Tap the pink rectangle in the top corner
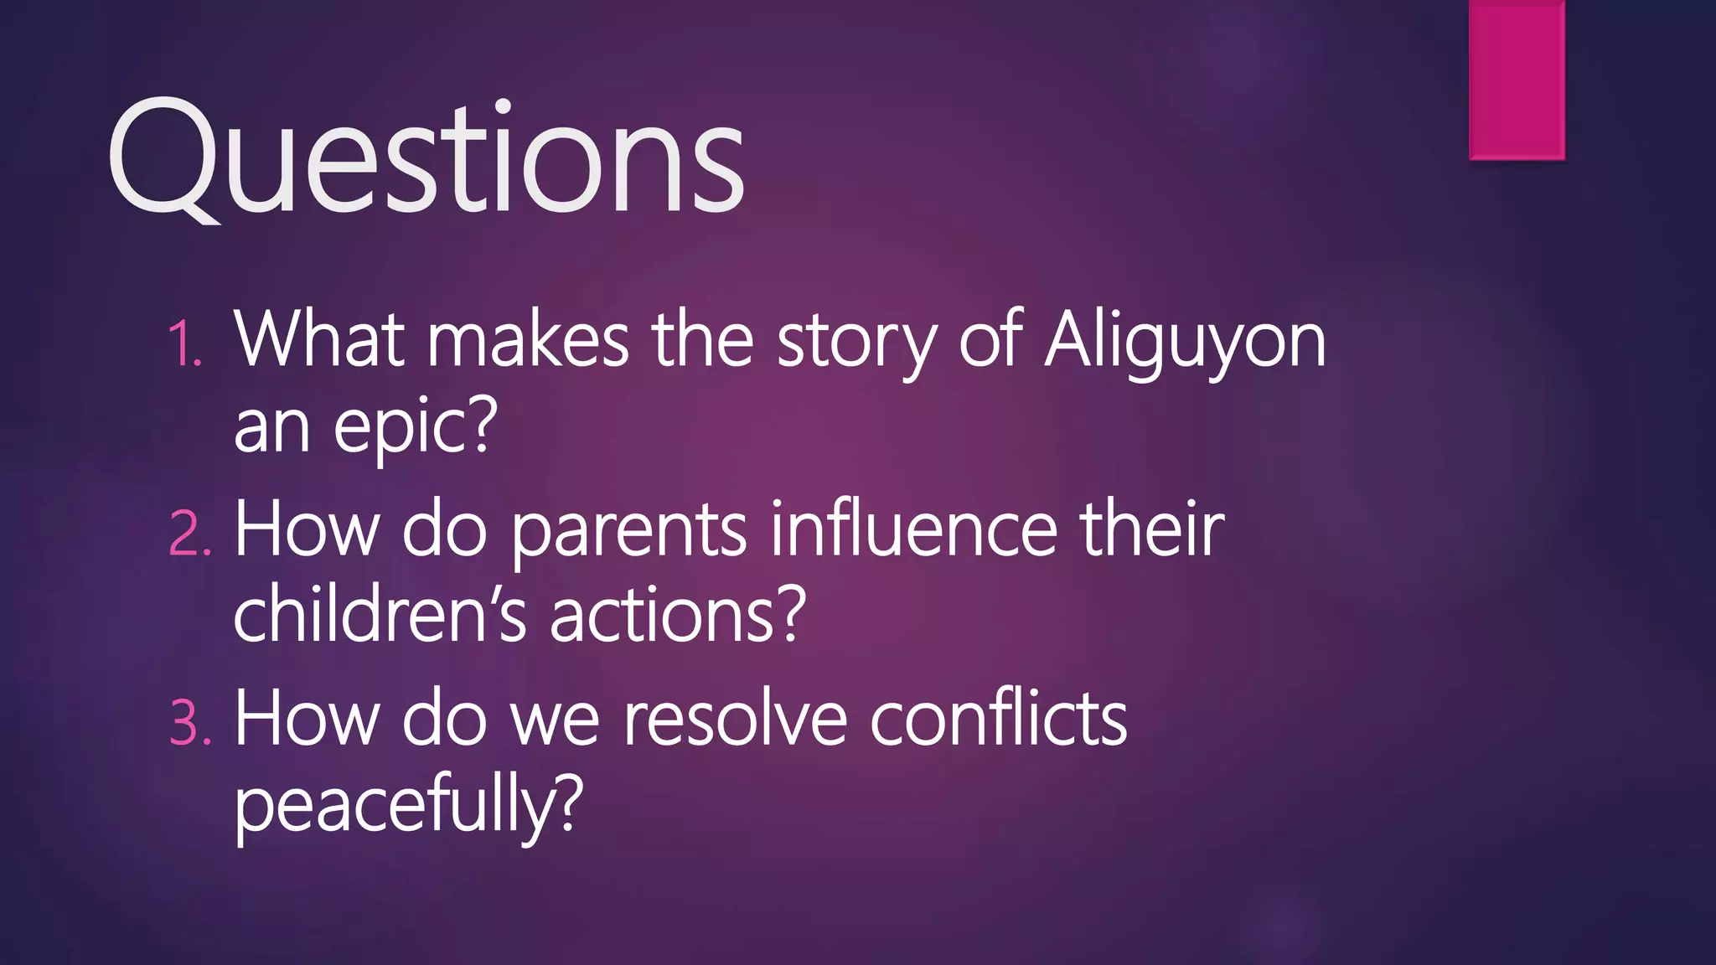[x=1517, y=80]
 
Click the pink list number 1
[x=184, y=343]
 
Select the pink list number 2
[x=189, y=533]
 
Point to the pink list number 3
[x=189, y=722]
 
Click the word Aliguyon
[x=1185, y=342]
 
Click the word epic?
[x=416, y=427]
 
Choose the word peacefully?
[x=407, y=804]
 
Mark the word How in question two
[x=307, y=529]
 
